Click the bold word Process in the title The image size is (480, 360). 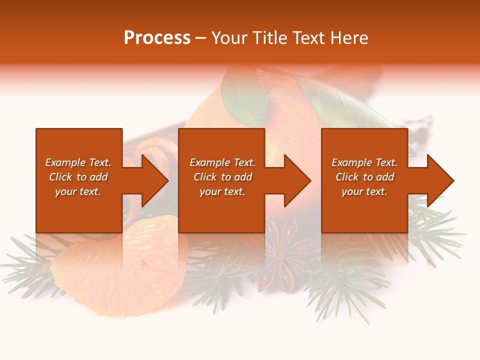point(157,38)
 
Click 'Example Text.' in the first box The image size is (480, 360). point(78,162)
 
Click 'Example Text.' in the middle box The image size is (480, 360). point(222,162)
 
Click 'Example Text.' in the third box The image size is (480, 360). point(364,162)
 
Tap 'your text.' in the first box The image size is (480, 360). point(78,191)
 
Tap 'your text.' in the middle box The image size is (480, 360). point(222,191)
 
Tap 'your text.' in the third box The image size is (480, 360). point(364,191)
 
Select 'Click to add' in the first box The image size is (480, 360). point(78,177)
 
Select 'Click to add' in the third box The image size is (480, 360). point(364,177)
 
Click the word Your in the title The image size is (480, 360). point(229,38)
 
